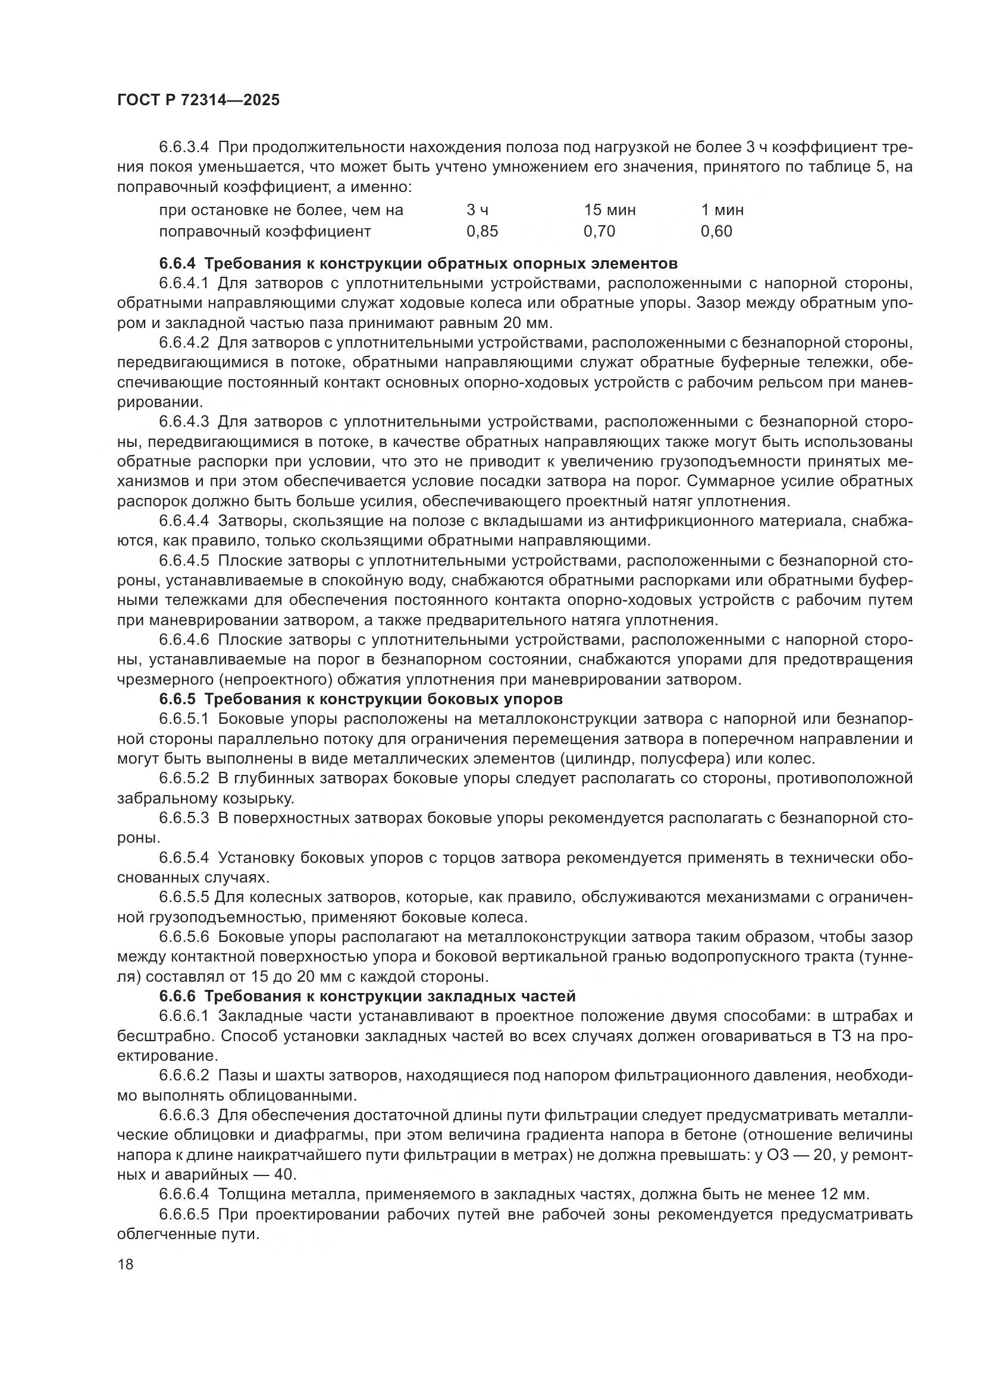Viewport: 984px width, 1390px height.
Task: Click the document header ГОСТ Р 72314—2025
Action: tap(198, 100)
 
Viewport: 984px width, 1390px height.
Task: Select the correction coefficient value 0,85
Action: tap(482, 231)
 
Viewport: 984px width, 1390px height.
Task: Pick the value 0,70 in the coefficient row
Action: tap(598, 231)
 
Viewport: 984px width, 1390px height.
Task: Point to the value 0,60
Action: tap(716, 231)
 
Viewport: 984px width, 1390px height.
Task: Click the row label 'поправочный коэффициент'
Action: tap(265, 231)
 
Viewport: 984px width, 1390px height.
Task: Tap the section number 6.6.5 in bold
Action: tap(177, 699)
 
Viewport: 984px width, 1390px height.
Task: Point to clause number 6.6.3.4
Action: tap(184, 147)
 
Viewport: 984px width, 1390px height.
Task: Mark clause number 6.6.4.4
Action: tap(184, 520)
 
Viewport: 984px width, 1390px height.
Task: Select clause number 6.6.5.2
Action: tap(184, 778)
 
